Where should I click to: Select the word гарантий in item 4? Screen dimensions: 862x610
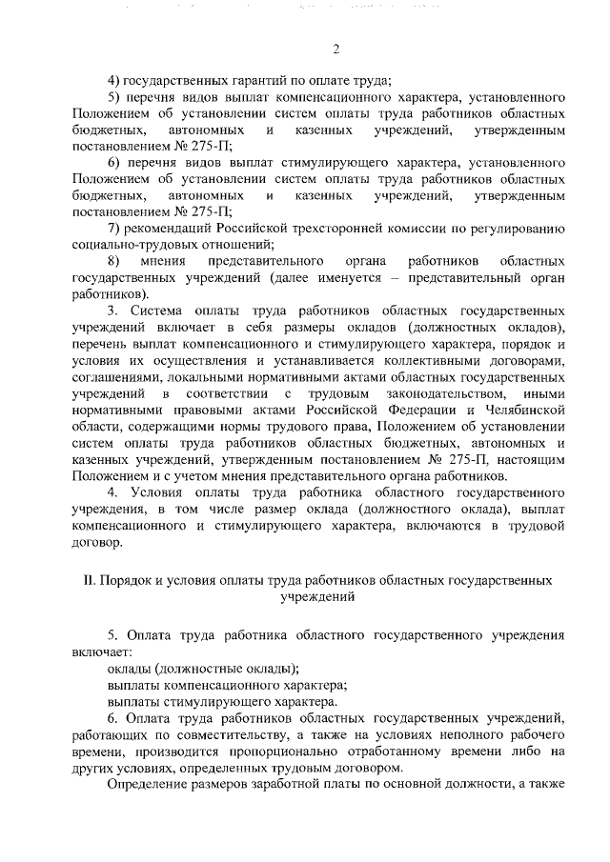[x=229, y=81]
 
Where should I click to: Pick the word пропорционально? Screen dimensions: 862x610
[x=286, y=753]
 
